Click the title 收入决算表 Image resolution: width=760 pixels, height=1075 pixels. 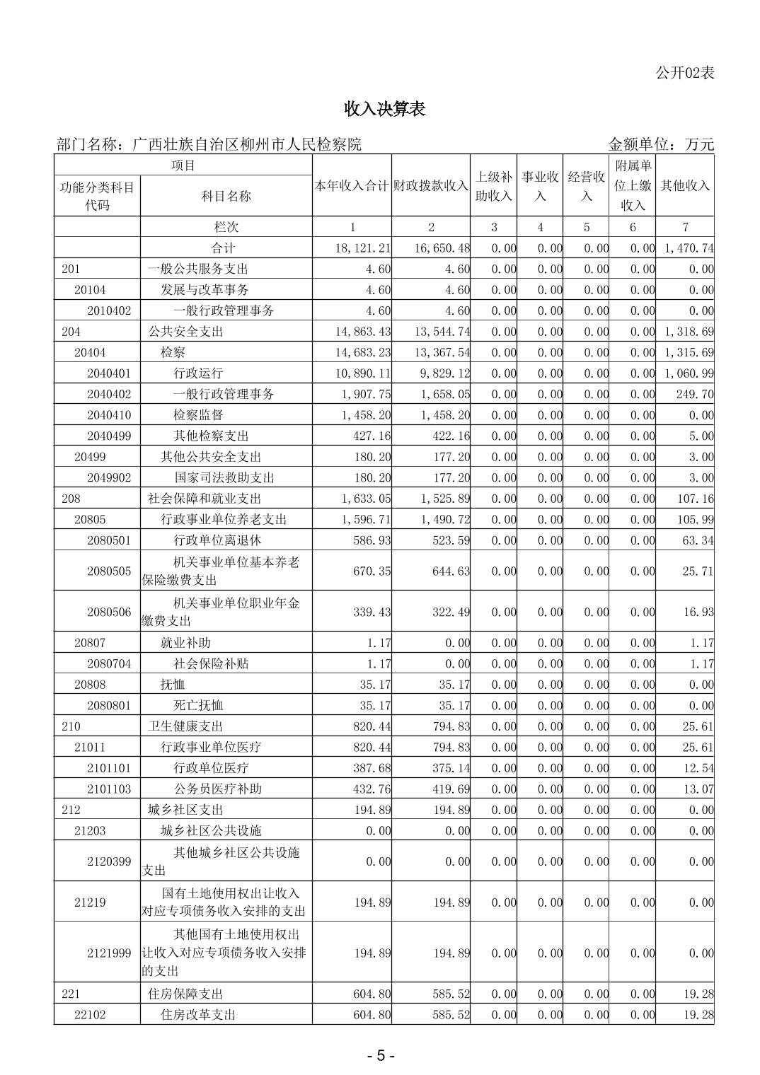pos(384,109)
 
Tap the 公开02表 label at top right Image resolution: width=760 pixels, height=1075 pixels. pos(685,72)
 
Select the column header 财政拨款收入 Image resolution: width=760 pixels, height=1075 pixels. pos(431,186)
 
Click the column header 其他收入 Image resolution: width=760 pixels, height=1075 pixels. pos(684,186)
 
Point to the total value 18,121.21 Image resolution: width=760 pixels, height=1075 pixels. pos(363,248)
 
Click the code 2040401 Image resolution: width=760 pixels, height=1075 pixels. pos(109,373)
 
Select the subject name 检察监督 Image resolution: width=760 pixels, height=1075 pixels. pos(198,415)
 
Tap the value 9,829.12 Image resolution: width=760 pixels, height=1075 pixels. pos(442,373)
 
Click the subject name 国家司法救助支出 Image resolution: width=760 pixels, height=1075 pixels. pos(224,477)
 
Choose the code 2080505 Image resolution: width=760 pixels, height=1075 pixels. pos(109,571)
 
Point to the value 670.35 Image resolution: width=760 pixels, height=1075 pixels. pos(372,571)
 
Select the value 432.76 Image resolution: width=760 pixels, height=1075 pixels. pos(372,789)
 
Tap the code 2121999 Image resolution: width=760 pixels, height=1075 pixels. pos(109,953)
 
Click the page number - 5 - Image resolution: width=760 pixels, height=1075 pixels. pos(380,1056)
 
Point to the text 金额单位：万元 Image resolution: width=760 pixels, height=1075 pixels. pos(661,144)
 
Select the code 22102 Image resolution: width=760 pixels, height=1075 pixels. pos(90,1015)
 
